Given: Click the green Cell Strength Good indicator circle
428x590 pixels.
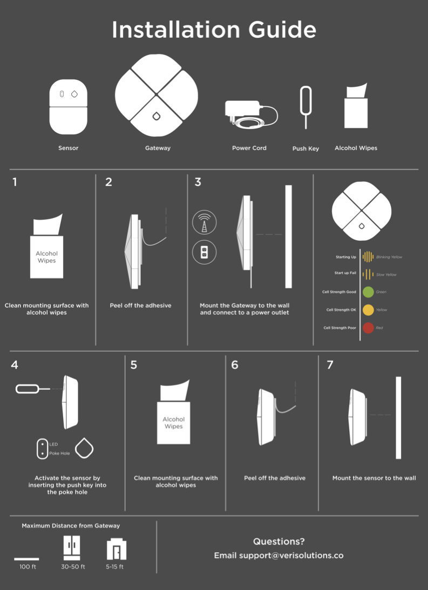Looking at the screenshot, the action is coord(368,292).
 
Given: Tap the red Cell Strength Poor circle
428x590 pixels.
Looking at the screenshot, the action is coord(368,328).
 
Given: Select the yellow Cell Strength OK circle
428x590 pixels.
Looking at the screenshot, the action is coord(368,310).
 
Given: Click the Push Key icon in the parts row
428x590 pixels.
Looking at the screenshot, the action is coord(305,107).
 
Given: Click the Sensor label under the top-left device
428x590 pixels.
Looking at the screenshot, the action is coord(69,148).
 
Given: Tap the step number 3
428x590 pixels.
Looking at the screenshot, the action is coord(198,182).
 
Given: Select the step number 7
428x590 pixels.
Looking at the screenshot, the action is coord(330,364).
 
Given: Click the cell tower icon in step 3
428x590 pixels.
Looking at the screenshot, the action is coord(204,222).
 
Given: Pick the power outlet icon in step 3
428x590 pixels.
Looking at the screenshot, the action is coord(204,252).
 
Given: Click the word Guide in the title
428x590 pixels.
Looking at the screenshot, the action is coord(282,29).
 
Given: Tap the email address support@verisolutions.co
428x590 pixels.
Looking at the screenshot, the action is coord(291,555).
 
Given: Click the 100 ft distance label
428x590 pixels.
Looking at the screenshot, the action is coord(28,567).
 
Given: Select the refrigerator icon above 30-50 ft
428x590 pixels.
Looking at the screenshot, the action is coord(72,548).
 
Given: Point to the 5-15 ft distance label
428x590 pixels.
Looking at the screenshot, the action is coord(115,567).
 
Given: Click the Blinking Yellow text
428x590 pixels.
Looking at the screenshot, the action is coord(389,257).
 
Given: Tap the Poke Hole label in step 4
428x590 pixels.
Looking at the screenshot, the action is coord(59,453).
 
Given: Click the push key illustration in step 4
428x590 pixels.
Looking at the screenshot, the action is coord(33,389).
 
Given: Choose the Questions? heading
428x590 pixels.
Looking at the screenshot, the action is coord(278,541).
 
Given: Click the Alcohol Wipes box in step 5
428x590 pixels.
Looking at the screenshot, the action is coord(173,423).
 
